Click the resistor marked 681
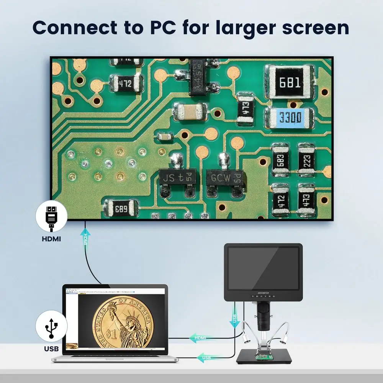(x=290, y=82)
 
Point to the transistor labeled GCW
(x=224, y=179)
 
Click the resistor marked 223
(x=306, y=160)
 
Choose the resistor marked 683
(x=280, y=160)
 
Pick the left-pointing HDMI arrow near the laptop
(x=200, y=337)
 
